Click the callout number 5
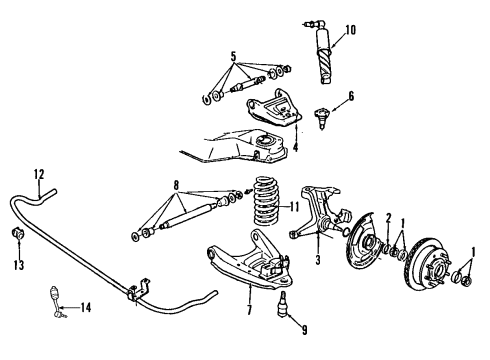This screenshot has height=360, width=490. [x=233, y=55]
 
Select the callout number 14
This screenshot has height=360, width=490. [x=84, y=307]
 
